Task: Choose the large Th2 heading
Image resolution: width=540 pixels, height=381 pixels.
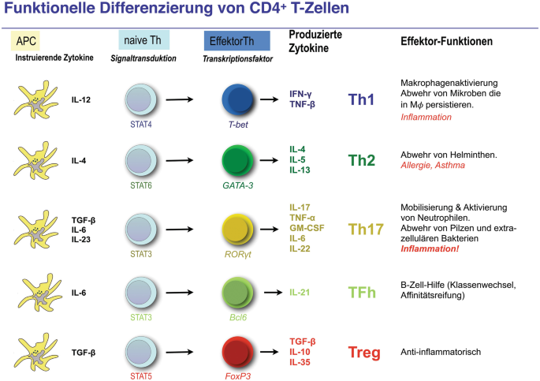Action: click(x=361, y=160)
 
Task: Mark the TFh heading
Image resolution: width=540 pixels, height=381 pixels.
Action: click(x=362, y=293)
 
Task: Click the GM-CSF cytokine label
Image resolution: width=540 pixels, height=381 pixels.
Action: click(x=304, y=227)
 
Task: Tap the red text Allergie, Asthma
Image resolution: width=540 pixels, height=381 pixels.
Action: click(x=433, y=166)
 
